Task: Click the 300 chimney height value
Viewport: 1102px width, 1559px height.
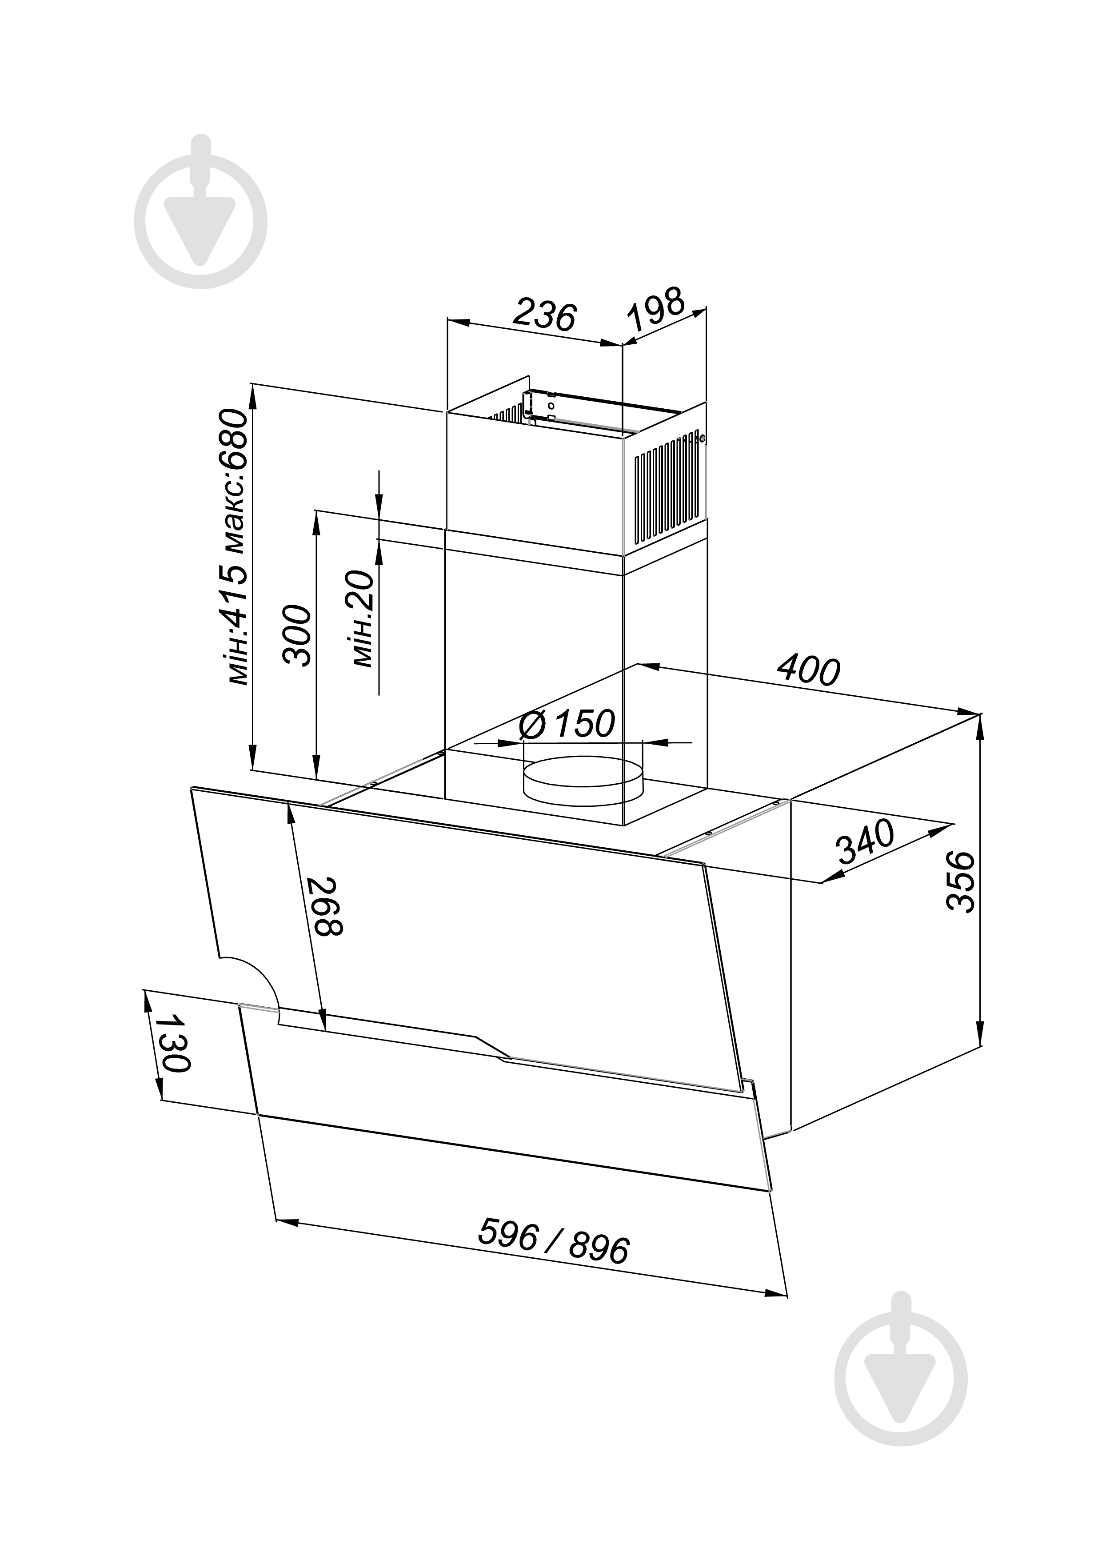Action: pyautogui.click(x=297, y=635)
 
